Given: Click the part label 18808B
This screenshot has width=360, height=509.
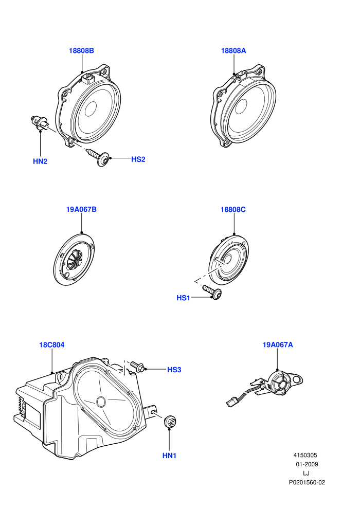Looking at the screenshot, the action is [x=81, y=50].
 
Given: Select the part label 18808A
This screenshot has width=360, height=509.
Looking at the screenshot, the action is [x=233, y=50].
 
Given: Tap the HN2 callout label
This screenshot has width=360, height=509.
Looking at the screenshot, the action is [x=40, y=161].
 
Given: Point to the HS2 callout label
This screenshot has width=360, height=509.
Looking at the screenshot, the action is [x=138, y=159].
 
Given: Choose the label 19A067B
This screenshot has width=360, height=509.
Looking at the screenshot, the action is [x=81, y=209].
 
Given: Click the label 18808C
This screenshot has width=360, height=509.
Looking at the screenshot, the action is [x=233, y=210].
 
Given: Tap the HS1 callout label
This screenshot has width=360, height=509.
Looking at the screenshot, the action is [x=184, y=298].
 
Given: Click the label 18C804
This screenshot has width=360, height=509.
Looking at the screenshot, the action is [x=52, y=345].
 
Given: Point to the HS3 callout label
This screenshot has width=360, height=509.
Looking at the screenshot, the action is [x=174, y=370].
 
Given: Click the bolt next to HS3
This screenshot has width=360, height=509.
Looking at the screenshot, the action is [x=137, y=367].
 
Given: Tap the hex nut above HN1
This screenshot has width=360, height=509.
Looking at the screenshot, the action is [x=170, y=422].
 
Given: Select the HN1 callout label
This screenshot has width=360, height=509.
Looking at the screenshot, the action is [x=169, y=456].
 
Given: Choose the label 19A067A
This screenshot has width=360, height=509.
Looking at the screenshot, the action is [x=278, y=345].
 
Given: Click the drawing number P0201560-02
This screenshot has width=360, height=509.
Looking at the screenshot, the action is [x=307, y=483].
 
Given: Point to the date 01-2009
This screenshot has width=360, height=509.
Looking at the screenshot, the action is [x=307, y=464].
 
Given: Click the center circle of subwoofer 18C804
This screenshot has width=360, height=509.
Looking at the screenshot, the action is [x=101, y=402].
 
